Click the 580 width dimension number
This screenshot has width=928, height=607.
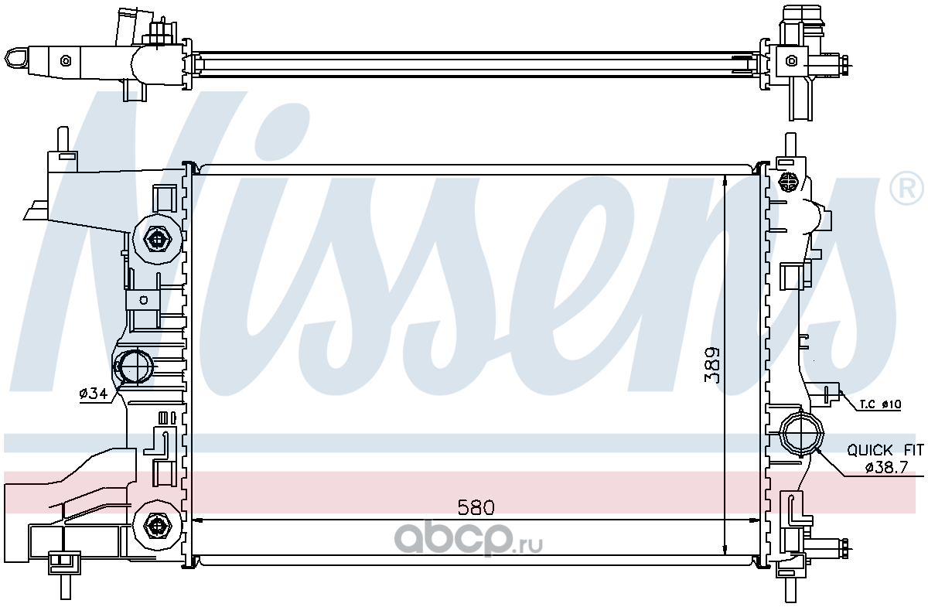point(476,507)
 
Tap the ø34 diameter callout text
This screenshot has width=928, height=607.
point(94,394)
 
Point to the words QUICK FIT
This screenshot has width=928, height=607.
point(885,450)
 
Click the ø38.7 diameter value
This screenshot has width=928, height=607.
point(886,467)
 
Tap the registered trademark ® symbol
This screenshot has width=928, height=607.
point(906,189)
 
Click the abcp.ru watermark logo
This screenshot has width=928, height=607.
point(468,539)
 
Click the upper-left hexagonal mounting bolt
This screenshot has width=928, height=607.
point(157,239)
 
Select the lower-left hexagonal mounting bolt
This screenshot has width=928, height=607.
point(157,526)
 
